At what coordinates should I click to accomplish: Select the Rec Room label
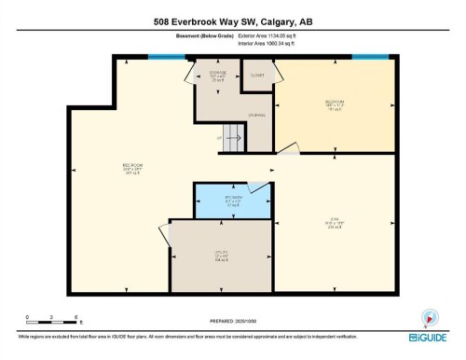point(132,169)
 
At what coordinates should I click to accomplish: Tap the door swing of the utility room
point(166,235)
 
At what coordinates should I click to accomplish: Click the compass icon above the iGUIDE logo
point(430,316)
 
